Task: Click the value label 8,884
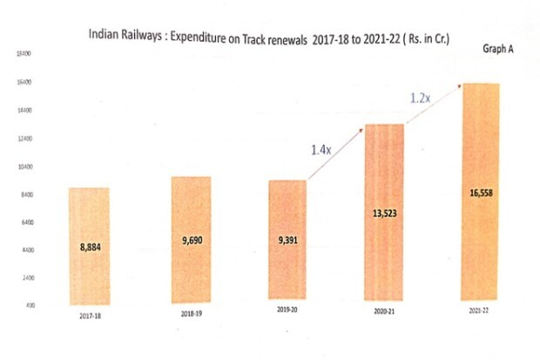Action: point(90,248)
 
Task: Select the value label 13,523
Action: point(384,213)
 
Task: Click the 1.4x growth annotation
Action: point(321,150)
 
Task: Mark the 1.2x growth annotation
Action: point(421,98)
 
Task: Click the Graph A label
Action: point(497,49)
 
